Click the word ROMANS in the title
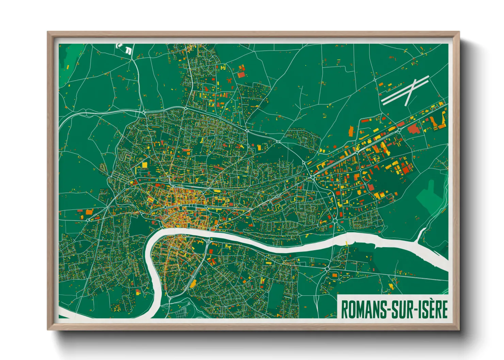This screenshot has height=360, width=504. [363, 309]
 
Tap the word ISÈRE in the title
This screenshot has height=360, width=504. [432, 309]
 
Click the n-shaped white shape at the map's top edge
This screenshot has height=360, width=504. [128, 50]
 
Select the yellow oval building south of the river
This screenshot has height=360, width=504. [193, 284]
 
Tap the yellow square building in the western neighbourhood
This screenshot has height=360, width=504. [144, 165]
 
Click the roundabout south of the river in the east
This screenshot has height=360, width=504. [327, 269]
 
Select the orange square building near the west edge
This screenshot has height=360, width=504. [89, 212]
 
